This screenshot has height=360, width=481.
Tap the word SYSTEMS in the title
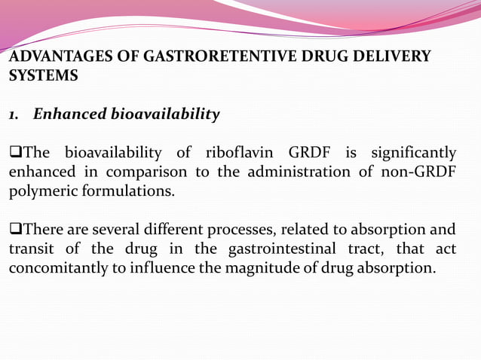point(42,76)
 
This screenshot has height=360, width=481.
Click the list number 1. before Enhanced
point(14,115)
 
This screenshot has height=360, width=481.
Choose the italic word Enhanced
point(69,114)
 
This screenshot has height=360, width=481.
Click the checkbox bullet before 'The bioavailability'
point(14,154)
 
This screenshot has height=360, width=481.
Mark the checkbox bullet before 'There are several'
point(14,230)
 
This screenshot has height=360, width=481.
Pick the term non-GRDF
point(419,172)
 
